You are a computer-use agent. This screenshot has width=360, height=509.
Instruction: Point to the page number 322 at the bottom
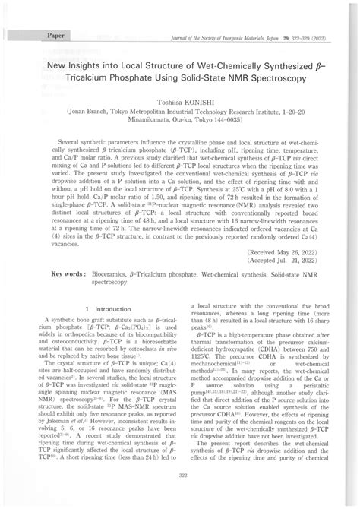(x=180, y=495)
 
